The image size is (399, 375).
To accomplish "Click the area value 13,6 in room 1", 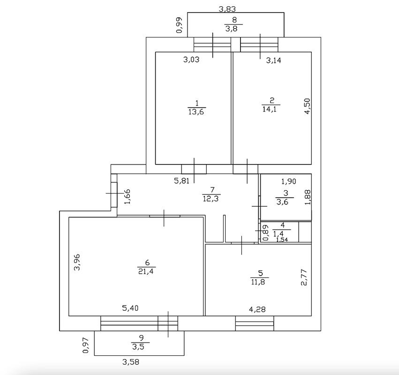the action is coord(196,112).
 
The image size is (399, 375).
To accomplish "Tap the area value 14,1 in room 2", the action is coord(270,109).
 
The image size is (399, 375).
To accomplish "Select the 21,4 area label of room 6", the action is coord(146,271).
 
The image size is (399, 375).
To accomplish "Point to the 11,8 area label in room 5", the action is coord(258,282).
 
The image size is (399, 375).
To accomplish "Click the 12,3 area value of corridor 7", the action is coord(211,198).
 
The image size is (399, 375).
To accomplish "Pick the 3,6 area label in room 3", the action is coord(282,202).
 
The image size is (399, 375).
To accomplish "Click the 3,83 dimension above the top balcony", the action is coord(227,9).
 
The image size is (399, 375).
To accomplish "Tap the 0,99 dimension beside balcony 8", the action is coord(180,25).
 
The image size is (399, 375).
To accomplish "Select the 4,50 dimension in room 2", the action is coord(308,106).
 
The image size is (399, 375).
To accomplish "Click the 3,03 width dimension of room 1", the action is coord(191,60).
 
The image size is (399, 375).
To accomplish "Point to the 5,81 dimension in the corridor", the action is coord(182,181).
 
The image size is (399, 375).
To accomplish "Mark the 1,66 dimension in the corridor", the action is coord(127,196).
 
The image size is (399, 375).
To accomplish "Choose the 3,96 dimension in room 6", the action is coord(77,262).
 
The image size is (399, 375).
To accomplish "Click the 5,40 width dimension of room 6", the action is coord(130,308).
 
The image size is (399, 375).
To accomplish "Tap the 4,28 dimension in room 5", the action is coord(257,309).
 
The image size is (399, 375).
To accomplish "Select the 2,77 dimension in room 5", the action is coord(304,277).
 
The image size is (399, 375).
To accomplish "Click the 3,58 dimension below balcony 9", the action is coord(131,362).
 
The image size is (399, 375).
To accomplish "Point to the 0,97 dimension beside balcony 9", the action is coord(86,345).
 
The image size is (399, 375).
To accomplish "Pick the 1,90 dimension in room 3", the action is coord(288,181).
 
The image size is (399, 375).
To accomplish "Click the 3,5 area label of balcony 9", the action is coord(138,347).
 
